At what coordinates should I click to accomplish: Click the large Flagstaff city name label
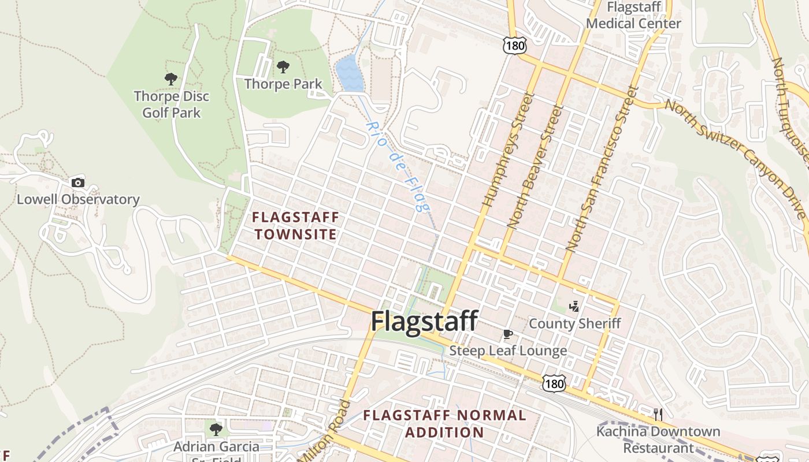click(x=425, y=321)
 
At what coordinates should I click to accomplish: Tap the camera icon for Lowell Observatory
click(x=77, y=182)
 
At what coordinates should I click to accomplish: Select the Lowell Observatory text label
click(x=78, y=200)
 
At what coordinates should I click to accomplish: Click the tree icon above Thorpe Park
click(x=283, y=67)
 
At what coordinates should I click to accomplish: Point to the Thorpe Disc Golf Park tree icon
click(x=171, y=79)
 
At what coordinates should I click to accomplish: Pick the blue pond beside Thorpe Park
click(x=349, y=74)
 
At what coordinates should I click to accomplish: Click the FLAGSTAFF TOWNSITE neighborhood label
click(x=296, y=226)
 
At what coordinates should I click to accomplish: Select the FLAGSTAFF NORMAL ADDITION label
click(x=444, y=423)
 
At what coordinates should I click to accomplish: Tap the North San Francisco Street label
click(x=600, y=169)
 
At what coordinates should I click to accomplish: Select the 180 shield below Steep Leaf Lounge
click(x=554, y=382)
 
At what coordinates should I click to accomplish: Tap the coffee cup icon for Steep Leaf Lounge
click(x=507, y=334)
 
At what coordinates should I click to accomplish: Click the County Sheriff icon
click(x=574, y=307)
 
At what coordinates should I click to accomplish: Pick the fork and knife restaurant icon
click(x=658, y=414)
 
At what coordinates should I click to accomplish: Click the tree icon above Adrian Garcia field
click(x=216, y=429)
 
